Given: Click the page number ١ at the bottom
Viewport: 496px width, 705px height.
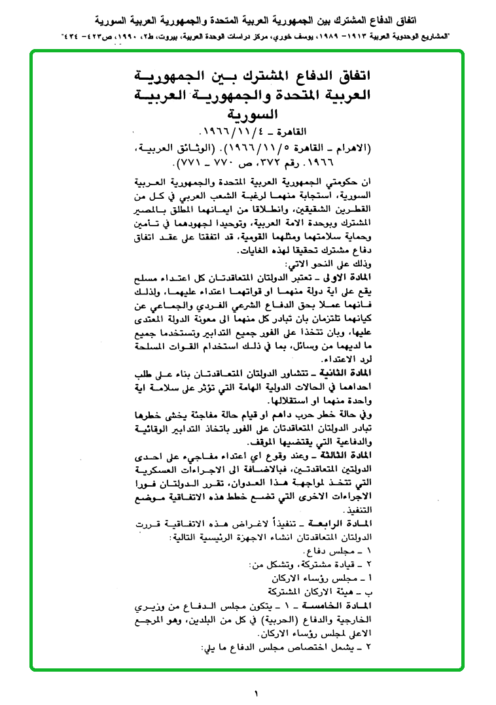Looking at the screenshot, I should [257, 691].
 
